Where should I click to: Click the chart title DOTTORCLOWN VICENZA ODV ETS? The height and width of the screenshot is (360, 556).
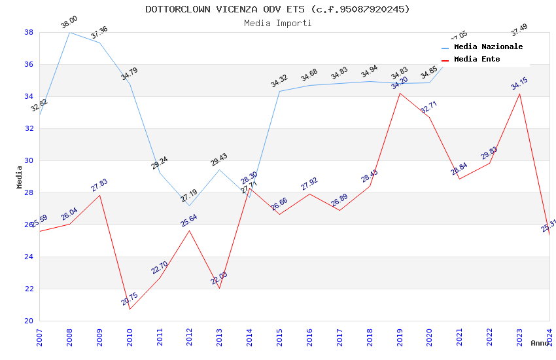[x=277, y=9]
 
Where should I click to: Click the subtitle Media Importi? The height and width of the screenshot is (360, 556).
[x=277, y=23]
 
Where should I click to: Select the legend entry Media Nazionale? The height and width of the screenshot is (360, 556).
[x=488, y=47]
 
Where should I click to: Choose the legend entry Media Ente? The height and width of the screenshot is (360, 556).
[x=477, y=60]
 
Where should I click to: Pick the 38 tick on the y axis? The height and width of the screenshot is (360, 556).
[x=29, y=32]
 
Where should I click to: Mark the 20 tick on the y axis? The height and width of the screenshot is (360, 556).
[x=29, y=321]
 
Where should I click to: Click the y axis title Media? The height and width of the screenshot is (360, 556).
[x=20, y=177]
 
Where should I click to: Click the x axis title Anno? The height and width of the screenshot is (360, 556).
[x=540, y=343]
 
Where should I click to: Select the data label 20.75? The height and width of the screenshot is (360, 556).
[x=130, y=299]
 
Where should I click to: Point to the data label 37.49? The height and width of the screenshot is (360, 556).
[x=519, y=29]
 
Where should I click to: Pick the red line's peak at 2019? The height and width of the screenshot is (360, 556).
[x=400, y=93]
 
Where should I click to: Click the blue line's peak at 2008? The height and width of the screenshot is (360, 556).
[x=70, y=32]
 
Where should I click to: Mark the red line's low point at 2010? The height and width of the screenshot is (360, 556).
[x=130, y=309]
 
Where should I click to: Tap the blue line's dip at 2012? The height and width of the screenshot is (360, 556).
[x=190, y=206]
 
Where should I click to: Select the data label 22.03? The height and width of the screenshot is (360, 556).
[x=219, y=278]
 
